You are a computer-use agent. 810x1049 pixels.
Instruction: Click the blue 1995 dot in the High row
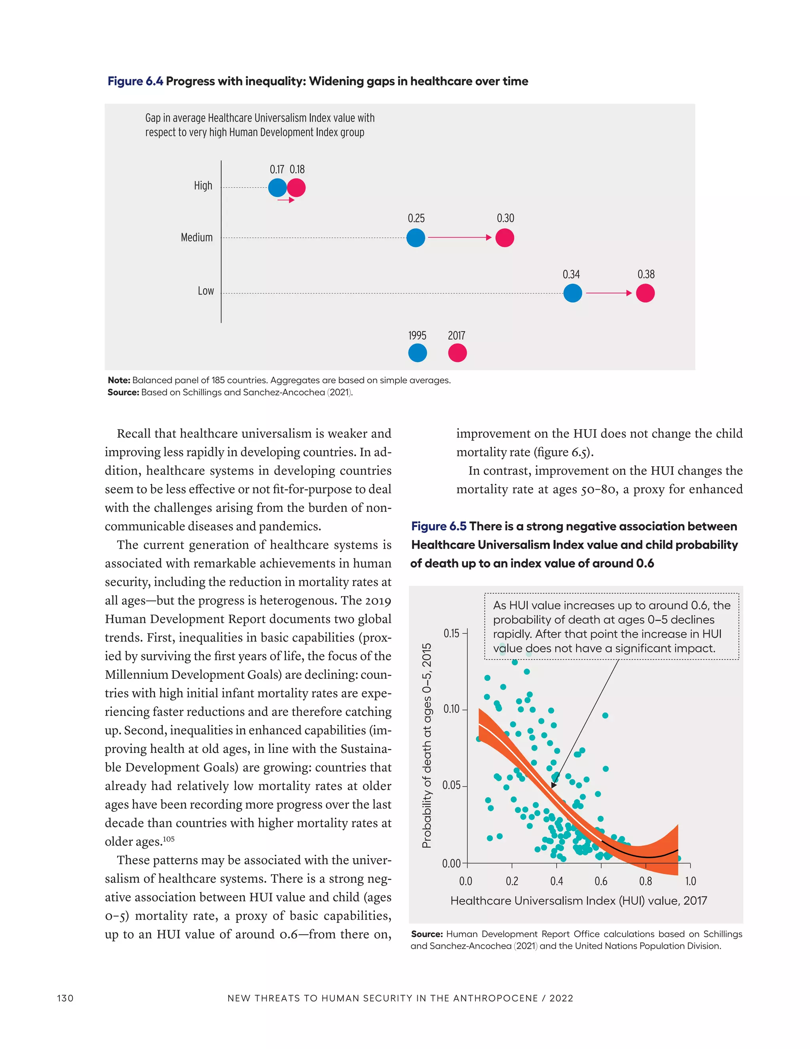click(277, 187)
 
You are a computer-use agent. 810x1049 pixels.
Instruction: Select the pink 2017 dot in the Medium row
click(504, 237)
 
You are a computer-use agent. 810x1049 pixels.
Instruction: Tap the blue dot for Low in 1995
click(572, 293)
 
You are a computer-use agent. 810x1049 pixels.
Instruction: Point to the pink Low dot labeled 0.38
click(645, 293)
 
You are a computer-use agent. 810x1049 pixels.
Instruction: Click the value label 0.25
click(416, 219)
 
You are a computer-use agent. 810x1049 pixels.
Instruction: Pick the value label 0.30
click(505, 219)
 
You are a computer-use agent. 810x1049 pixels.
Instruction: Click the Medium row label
click(196, 237)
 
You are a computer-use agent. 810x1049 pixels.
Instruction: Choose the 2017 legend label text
click(456, 336)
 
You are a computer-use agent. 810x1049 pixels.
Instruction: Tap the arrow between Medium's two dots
click(459, 237)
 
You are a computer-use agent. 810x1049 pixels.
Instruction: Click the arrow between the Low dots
click(608, 293)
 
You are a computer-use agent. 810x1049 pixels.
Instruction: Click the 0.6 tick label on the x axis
click(601, 882)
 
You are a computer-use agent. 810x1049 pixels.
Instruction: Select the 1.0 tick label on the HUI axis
click(690, 882)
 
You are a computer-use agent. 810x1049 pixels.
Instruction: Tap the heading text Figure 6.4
click(135, 81)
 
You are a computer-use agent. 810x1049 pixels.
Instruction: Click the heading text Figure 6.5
click(439, 526)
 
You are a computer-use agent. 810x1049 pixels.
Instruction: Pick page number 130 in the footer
click(65, 998)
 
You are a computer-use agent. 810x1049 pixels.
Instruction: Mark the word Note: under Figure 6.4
click(119, 380)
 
